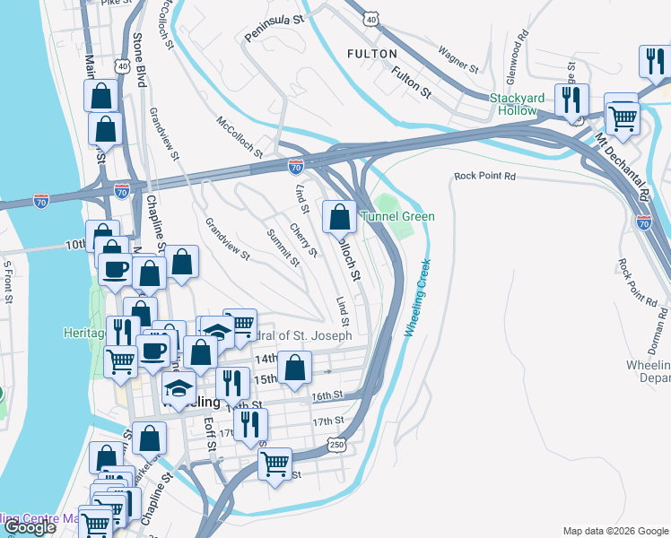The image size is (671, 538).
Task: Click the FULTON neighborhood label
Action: [x=372, y=54]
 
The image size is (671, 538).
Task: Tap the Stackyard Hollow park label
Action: [x=525, y=104]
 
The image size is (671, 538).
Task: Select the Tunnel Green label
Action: [x=397, y=216]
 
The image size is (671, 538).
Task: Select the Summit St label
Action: [x=283, y=247]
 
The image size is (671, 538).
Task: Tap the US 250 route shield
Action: [x=336, y=444]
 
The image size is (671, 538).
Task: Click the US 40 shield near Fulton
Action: [x=371, y=18]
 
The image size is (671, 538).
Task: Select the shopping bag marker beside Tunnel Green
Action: [x=339, y=216]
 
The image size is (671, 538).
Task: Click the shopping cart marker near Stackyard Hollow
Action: [x=622, y=114]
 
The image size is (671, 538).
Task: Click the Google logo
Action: [x=29, y=527]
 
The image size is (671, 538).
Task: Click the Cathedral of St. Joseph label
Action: [x=296, y=334]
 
